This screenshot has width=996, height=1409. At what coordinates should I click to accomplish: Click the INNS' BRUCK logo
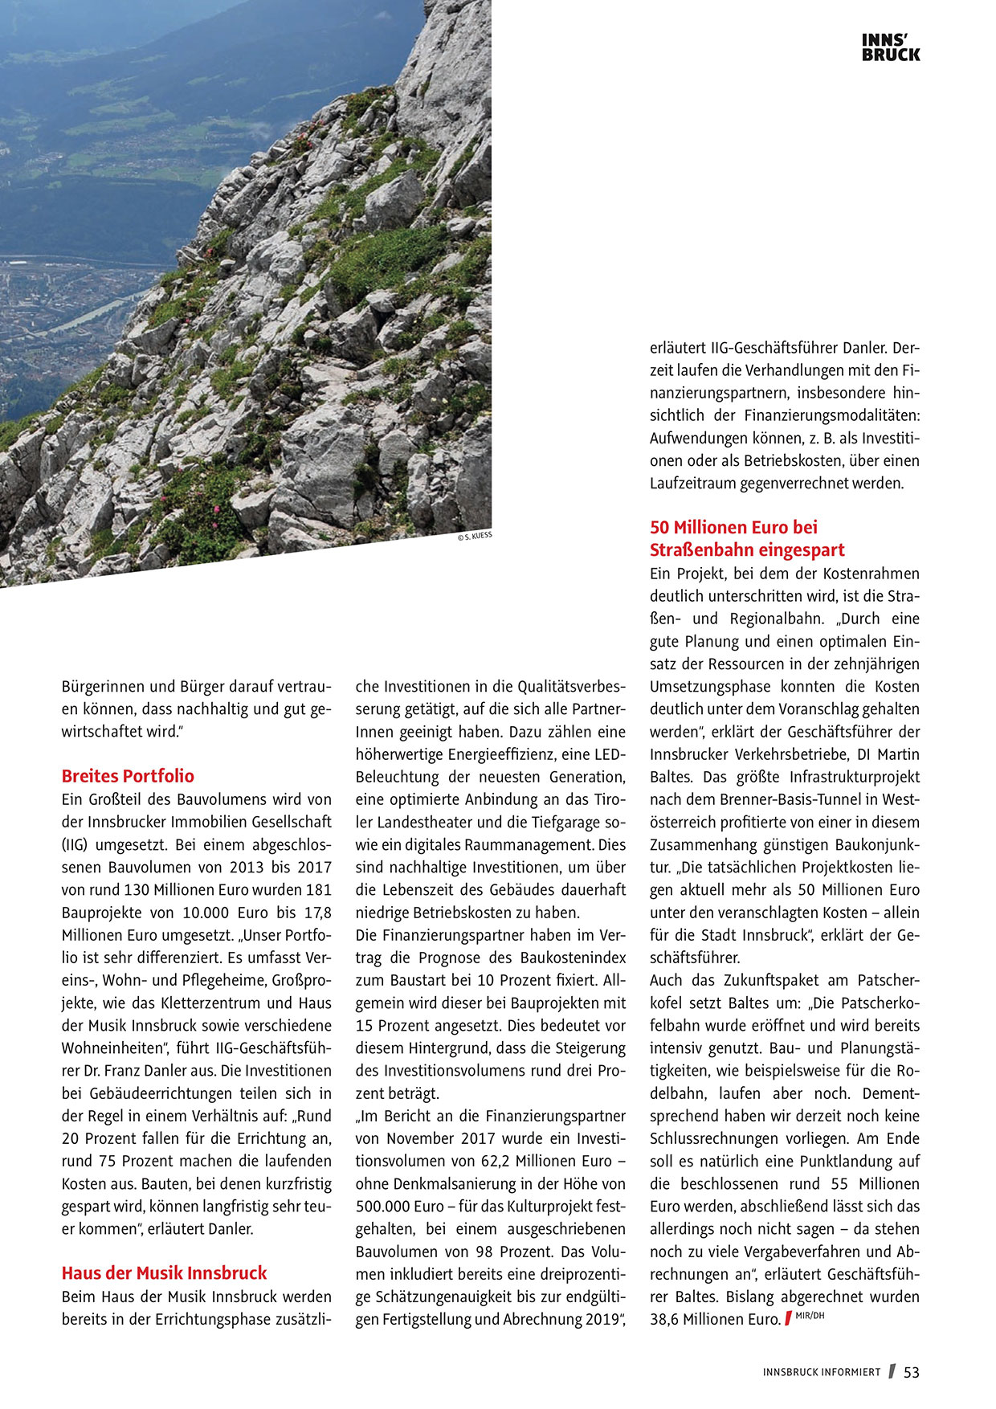tap(891, 47)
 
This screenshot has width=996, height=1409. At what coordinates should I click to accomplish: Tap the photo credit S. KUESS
tap(475, 537)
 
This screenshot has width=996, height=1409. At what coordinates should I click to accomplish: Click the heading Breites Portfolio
tap(128, 776)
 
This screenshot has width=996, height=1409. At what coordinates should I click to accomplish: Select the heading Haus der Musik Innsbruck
tap(164, 1273)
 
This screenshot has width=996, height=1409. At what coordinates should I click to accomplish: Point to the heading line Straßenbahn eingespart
tap(747, 550)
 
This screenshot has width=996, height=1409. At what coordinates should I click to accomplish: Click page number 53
tap(912, 1373)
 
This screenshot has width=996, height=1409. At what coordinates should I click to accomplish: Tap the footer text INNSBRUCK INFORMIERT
tap(822, 1373)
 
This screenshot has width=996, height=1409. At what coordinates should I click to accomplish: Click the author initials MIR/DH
tap(810, 1316)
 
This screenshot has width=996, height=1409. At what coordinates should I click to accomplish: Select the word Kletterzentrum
tap(211, 1003)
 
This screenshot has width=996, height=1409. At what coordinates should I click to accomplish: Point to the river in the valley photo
tap(88, 317)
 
